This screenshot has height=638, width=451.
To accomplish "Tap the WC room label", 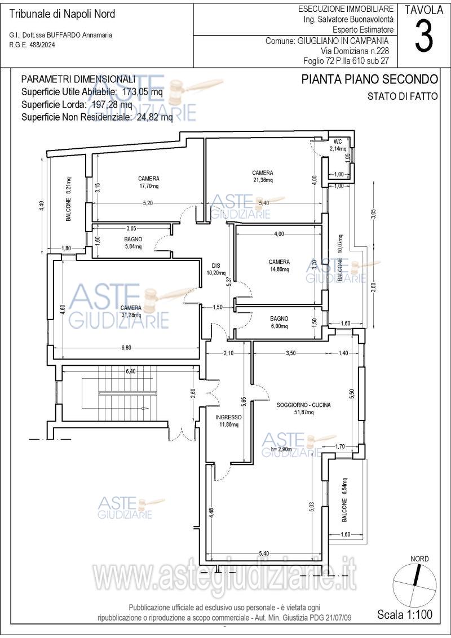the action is [338, 142].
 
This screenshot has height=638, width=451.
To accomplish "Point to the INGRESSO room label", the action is [228, 417].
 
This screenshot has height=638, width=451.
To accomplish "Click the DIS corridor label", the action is [216, 265].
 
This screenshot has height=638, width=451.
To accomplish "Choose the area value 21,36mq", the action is [263, 180].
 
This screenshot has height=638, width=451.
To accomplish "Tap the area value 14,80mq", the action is [279, 269].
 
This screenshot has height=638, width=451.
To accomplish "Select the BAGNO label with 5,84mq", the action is [133, 239].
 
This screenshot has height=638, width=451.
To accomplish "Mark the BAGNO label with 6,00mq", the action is [279, 318].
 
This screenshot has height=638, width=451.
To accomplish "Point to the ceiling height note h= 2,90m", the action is [281, 449].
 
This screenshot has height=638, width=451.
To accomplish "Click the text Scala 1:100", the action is [405, 614].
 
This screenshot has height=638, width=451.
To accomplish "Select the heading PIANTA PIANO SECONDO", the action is [370, 79].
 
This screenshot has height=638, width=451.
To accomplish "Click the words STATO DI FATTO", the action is [403, 96].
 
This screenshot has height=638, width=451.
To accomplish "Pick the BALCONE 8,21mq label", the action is [69, 199].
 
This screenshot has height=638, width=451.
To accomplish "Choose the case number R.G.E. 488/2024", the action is [32, 45].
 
